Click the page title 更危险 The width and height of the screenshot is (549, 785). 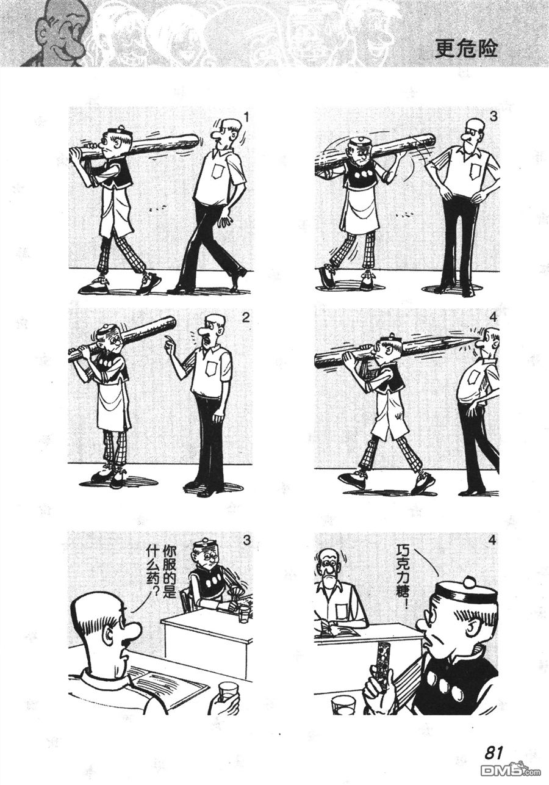coord(465,48)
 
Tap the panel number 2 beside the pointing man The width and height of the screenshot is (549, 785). coord(246,317)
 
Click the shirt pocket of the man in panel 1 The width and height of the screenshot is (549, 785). coord(218,170)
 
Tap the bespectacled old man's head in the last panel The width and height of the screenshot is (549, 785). coord(330,562)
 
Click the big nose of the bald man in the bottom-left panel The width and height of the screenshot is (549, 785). coord(132,630)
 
